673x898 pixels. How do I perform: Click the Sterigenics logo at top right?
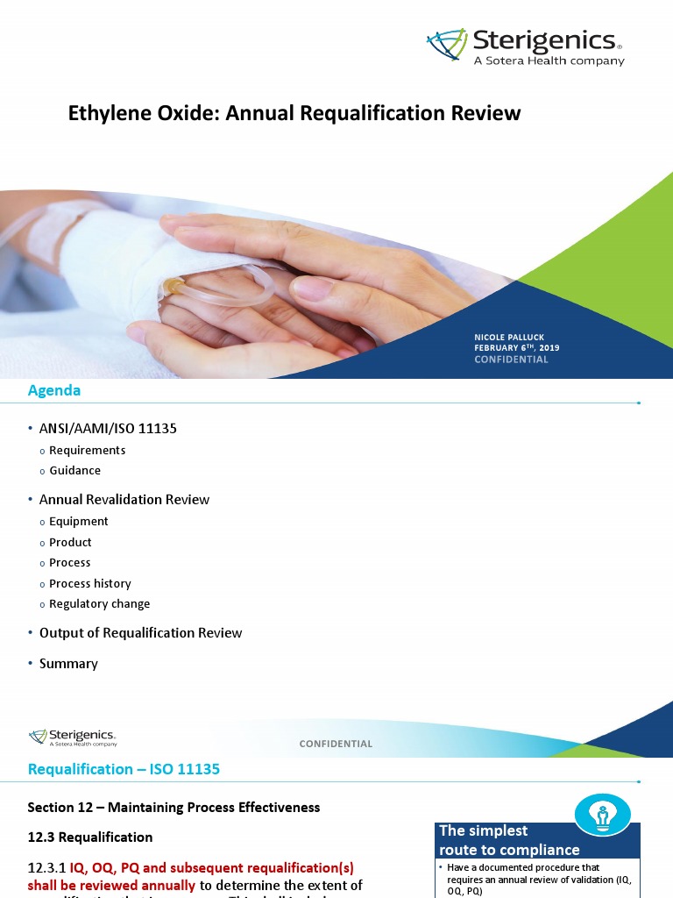pyautogui.click(x=526, y=46)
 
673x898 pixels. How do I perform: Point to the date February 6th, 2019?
pyautogui.click(x=516, y=348)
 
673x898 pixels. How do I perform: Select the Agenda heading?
pyautogui.click(x=54, y=390)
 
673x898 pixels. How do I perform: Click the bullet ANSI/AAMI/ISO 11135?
pyautogui.click(x=114, y=428)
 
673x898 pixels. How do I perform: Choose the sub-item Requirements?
pyautogui.click(x=87, y=450)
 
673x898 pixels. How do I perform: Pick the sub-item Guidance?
pyautogui.click(x=74, y=470)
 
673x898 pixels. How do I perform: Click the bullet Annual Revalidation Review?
pyautogui.click(x=124, y=499)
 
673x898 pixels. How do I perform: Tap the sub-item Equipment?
pyautogui.click(x=79, y=521)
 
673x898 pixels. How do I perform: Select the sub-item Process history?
pyautogui.click(x=89, y=583)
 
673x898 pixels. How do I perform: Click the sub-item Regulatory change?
pyautogui.click(x=99, y=603)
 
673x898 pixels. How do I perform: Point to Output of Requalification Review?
pyautogui.click(x=140, y=632)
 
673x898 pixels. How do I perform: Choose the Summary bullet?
pyautogui.click(x=68, y=663)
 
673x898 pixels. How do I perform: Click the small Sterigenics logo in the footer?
pyautogui.click(x=73, y=737)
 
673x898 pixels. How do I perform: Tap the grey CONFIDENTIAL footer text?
pyautogui.click(x=336, y=744)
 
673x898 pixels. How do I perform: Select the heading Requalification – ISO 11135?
pyautogui.click(x=124, y=769)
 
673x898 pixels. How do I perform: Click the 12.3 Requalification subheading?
pyautogui.click(x=90, y=837)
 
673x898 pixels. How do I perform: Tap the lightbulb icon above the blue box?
pyautogui.click(x=602, y=815)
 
